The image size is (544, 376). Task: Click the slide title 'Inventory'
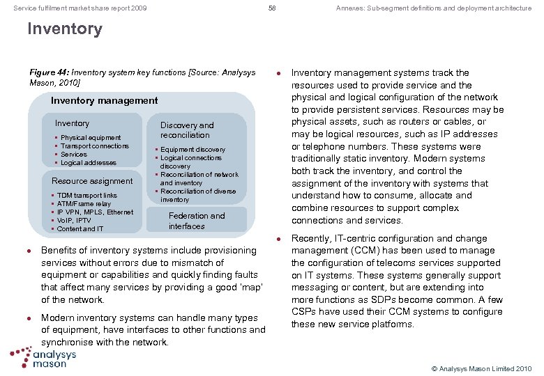point(64,29)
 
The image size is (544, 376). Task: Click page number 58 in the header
point(272,8)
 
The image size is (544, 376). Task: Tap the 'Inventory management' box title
point(105,100)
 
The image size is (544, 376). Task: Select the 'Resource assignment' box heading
point(92,181)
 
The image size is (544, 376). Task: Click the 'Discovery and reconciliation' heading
point(186,130)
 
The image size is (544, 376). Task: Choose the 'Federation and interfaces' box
point(196,221)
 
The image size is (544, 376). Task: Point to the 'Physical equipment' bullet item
point(91,138)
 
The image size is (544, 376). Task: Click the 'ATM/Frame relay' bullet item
point(84,204)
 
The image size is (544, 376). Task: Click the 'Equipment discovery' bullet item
point(192,150)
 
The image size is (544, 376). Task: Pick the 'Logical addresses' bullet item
point(89,163)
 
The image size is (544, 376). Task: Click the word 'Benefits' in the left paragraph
point(59,251)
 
